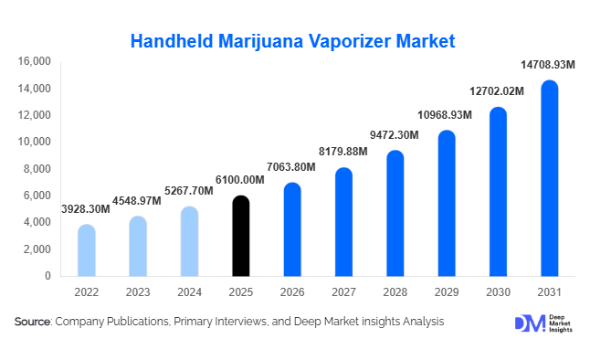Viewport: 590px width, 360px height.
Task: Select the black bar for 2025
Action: click(x=240, y=236)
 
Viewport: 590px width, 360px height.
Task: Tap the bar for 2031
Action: click(x=549, y=178)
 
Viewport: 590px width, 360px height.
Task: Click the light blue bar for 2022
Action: click(x=86, y=250)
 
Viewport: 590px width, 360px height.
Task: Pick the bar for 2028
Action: click(x=395, y=213)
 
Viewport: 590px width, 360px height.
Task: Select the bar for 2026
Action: click(x=291, y=229)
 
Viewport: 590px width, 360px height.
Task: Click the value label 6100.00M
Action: click(x=240, y=181)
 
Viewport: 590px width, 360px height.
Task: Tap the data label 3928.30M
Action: click(x=86, y=209)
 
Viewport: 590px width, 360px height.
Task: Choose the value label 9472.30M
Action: click(x=394, y=135)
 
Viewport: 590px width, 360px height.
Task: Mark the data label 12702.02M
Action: click(x=498, y=91)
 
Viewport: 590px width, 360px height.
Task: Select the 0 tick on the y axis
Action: click(x=47, y=276)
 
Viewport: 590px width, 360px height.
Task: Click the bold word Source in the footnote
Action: click(x=33, y=322)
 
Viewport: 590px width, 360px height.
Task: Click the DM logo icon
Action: click(x=528, y=323)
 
